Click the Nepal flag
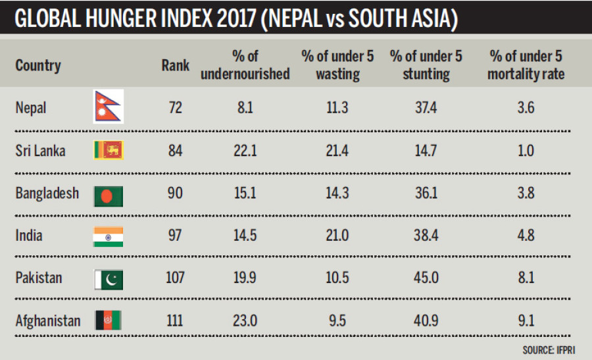click(x=108, y=108)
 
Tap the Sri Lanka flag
click(x=108, y=151)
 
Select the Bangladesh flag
click(x=108, y=193)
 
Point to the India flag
click(x=108, y=236)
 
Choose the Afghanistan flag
click(x=108, y=321)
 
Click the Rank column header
click(x=175, y=65)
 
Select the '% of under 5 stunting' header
click(x=426, y=65)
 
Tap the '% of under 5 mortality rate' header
click(x=526, y=65)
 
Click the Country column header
click(x=38, y=65)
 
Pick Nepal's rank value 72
click(x=175, y=108)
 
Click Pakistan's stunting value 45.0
click(x=426, y=278)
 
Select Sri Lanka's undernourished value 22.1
click(x=245, y=151)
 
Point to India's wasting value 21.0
click(x=337, y=236)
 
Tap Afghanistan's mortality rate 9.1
click(x=526, y=321)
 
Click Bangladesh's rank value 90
click(x=175, y=193)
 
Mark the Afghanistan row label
click(x=48, y=321)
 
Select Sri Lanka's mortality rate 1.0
click(x=526, y=151)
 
